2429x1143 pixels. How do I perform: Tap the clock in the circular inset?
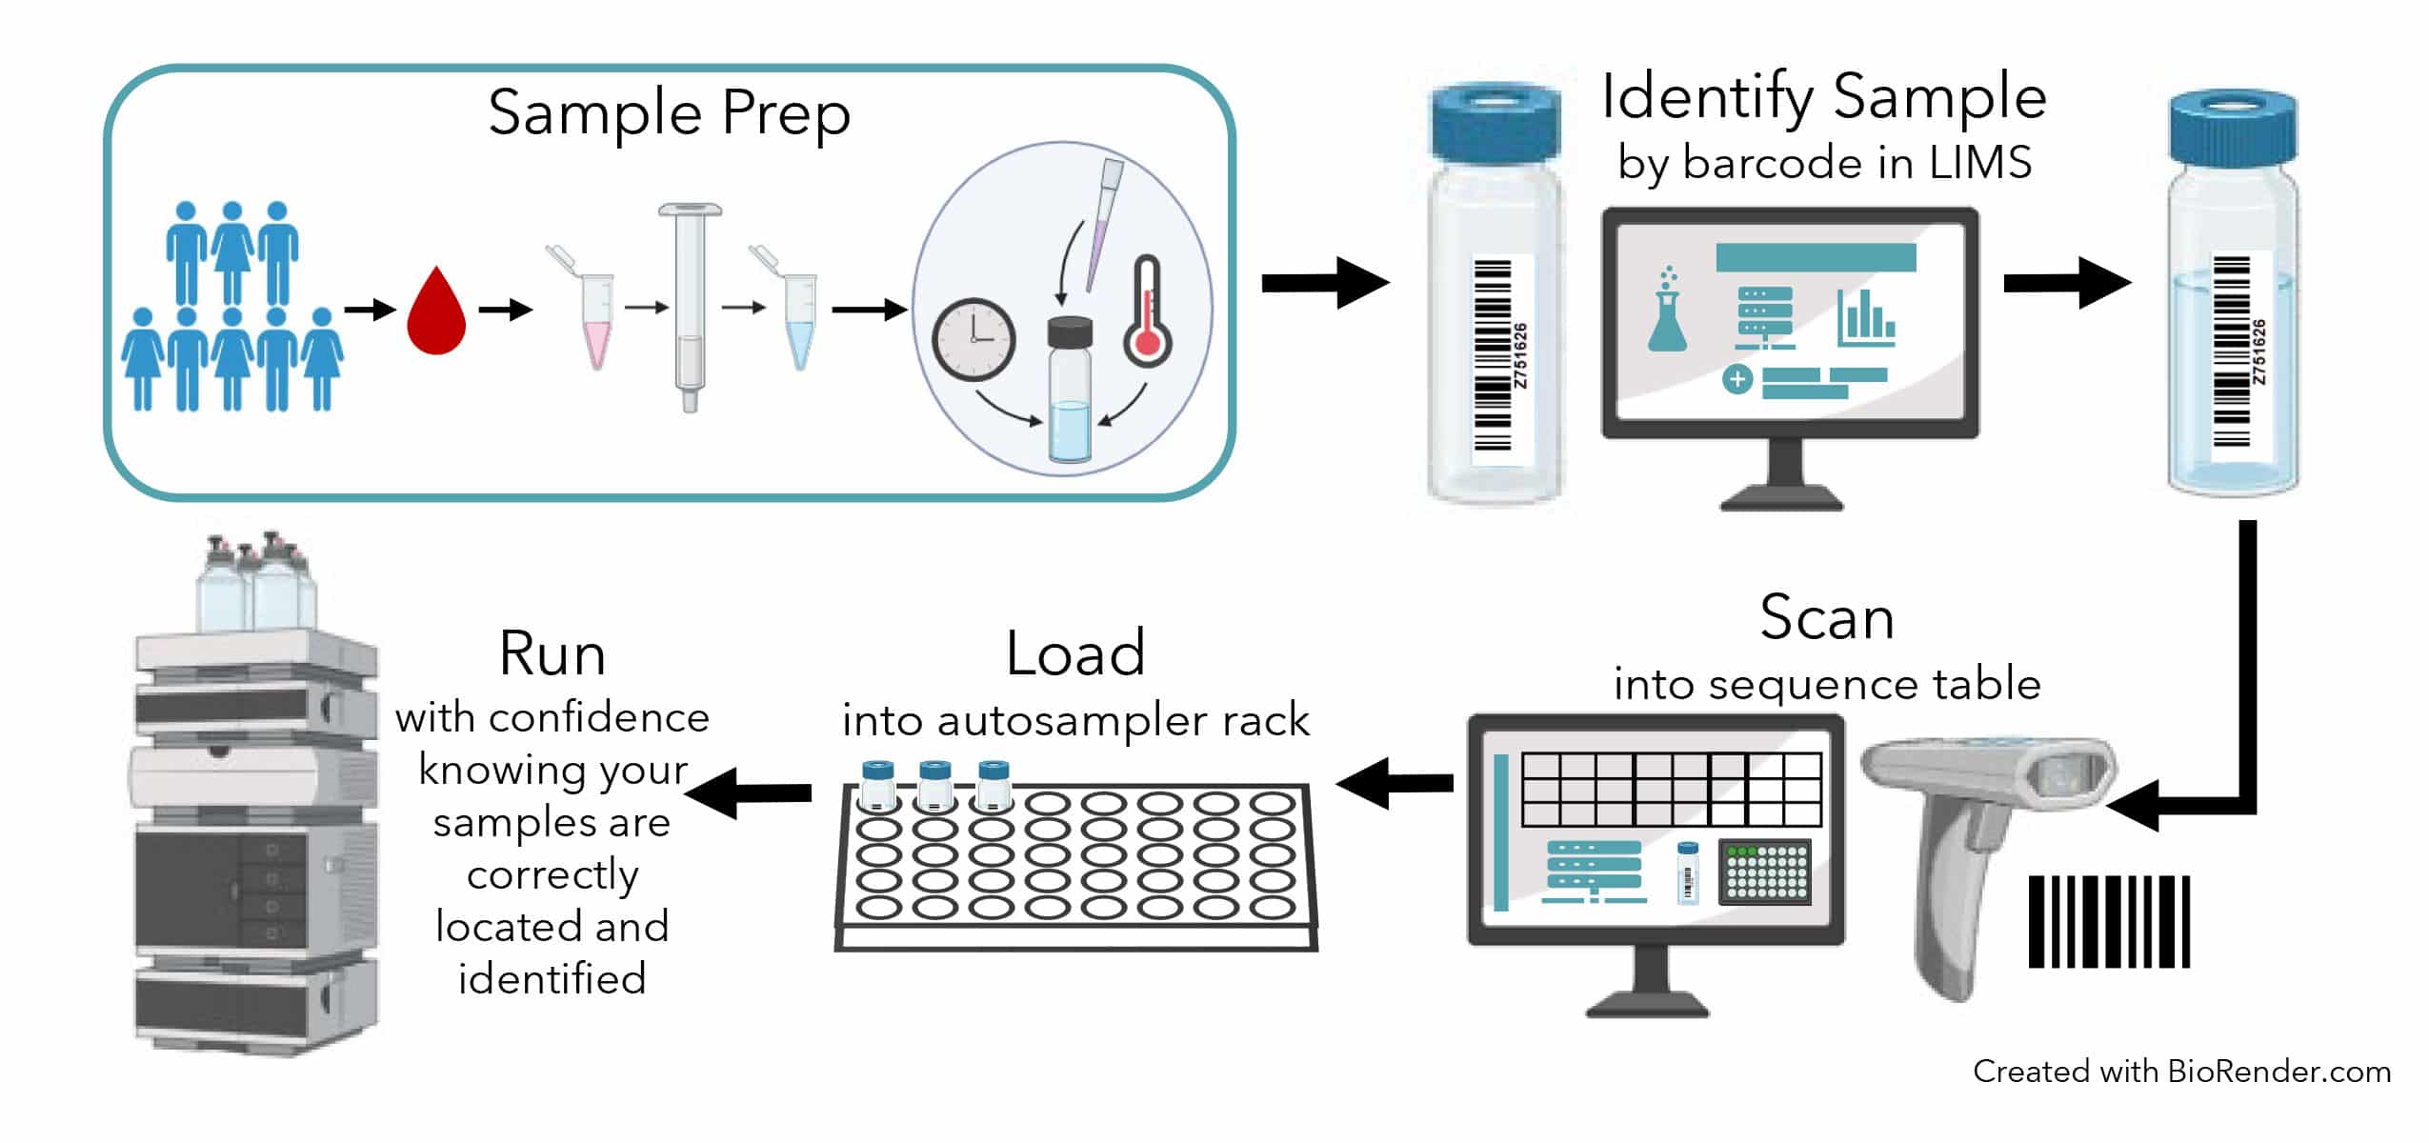point(974,339)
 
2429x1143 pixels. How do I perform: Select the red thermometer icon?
point(1147,314)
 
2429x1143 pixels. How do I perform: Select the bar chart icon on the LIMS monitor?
point(1865,318)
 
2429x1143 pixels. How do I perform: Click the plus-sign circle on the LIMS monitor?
point(1737,379)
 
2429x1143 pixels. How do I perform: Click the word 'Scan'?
point(1826,618)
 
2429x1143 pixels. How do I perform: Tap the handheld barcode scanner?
point(1981,838)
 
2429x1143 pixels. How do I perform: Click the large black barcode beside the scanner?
point(2109,921)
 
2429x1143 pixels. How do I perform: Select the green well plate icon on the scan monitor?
point(1765,872)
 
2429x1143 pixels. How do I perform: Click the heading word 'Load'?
point(1074,654)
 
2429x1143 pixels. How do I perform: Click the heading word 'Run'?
point(552,654)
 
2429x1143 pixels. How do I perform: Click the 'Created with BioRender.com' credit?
point(2181,1072)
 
